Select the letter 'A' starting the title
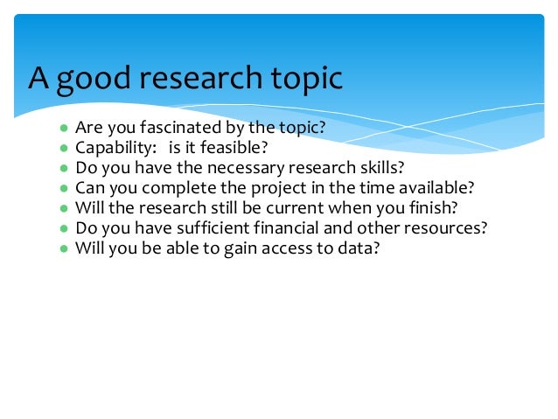pos(38,78)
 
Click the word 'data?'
pos(362,248)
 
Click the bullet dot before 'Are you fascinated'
pos(64,128)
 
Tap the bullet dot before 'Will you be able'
pos(64,248)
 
